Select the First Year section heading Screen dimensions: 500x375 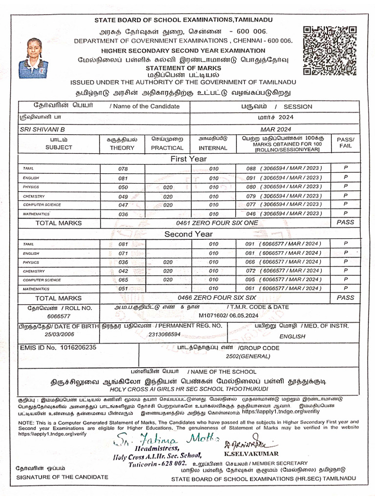pos(188,159)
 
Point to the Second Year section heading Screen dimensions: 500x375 pos(188,234)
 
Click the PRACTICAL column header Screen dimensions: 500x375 pos(167,147)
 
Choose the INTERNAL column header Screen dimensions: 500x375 pos(213,147)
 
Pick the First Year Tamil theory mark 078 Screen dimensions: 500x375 pos(123,169)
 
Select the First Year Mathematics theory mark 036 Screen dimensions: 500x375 pos(123,214)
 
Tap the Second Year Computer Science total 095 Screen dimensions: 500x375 pos(250,280)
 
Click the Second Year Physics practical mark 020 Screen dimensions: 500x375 pos(168,262)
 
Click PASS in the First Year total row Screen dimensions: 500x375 pos(345,222)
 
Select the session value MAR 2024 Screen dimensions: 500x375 pos(275,129)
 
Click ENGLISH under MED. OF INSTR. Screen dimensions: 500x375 pos(292,336)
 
